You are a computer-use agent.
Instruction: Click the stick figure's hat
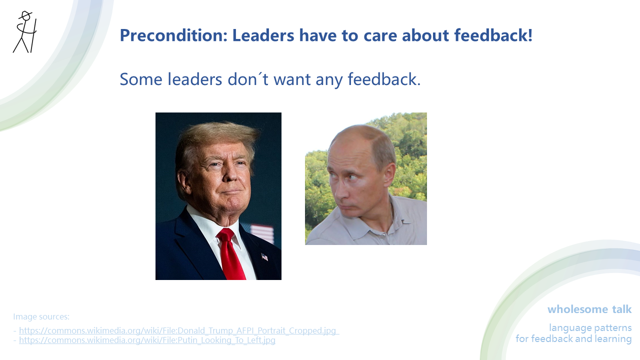24,14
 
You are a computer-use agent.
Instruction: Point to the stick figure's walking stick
33,35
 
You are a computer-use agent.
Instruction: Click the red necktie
231,255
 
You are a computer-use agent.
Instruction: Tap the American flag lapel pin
264,257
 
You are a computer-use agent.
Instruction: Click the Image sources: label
41,316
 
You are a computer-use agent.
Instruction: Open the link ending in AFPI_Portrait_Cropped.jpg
179,330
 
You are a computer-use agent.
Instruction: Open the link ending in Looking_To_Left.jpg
147,340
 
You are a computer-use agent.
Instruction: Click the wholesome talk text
589,309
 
